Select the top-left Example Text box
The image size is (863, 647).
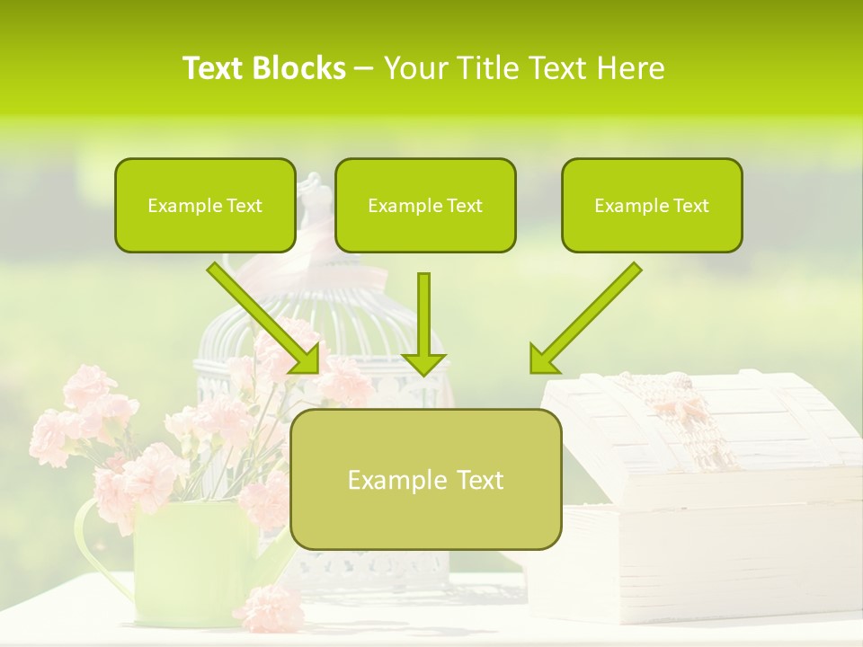tap(205, 206)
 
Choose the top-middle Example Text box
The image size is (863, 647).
tap(425, 206)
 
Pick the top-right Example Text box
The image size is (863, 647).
tap(652, 206)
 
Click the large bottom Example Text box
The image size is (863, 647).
tap(425, 480)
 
